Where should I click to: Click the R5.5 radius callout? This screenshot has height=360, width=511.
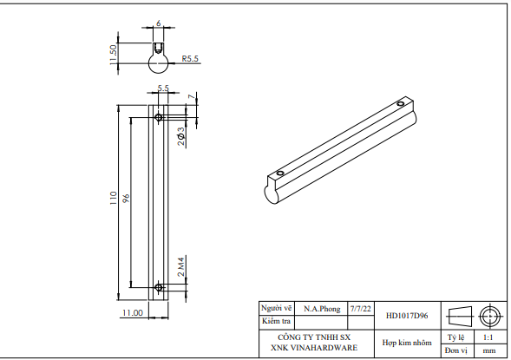(190, 60)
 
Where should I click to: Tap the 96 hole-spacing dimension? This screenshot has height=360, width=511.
(125, 200)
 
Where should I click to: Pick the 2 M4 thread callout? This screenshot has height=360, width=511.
(181, 266)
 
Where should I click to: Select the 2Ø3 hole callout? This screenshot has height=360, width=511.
(180, 136)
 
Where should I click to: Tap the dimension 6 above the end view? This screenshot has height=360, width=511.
(158, 24)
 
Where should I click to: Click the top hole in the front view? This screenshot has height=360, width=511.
(158, 116)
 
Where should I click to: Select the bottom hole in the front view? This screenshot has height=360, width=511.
(158, 286)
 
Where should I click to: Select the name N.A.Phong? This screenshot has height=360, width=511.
(322, 308)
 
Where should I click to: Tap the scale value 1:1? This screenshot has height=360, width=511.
(488, 337)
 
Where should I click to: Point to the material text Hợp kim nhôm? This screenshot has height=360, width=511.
(406, 343)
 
